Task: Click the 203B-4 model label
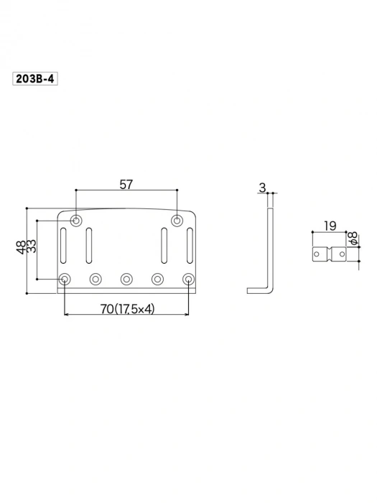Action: [34, 80]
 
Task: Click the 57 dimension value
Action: [126, 185]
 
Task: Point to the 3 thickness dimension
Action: [263, 188]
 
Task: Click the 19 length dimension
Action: [330, 226]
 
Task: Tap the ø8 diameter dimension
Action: [353, 239]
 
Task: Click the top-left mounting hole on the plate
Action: [76, 219]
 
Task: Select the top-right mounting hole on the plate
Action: [177, 219]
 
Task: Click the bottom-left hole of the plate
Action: [65, 279]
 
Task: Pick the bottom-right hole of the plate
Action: [188, 279]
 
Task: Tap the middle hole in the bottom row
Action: [126, 279]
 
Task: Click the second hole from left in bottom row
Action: [96, 279]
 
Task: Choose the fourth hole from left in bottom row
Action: [157, 279]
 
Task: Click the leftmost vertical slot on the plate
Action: [65, 246]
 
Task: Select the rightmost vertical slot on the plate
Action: [190, 246]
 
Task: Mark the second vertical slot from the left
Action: [90, 246]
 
